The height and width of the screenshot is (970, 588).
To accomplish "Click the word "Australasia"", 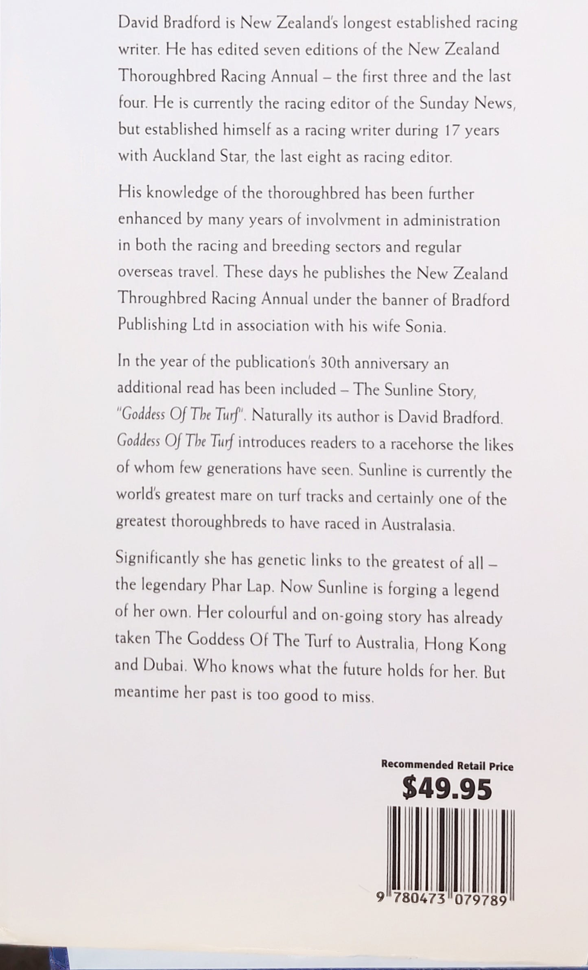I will point(417,525).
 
